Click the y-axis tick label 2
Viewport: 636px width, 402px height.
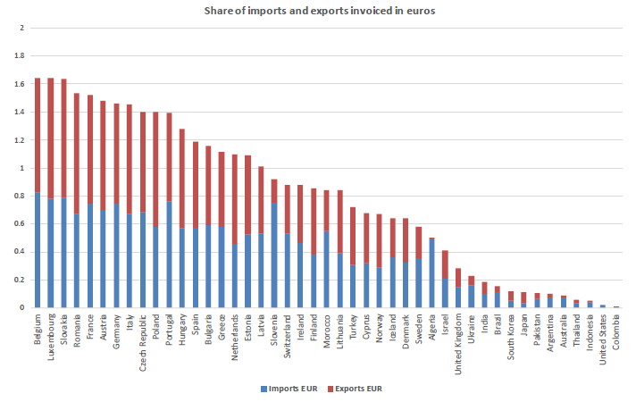pos(21,29)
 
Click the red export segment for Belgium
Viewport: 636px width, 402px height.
pos(38,134)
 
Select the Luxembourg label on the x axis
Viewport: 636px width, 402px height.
pos(50,334)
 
